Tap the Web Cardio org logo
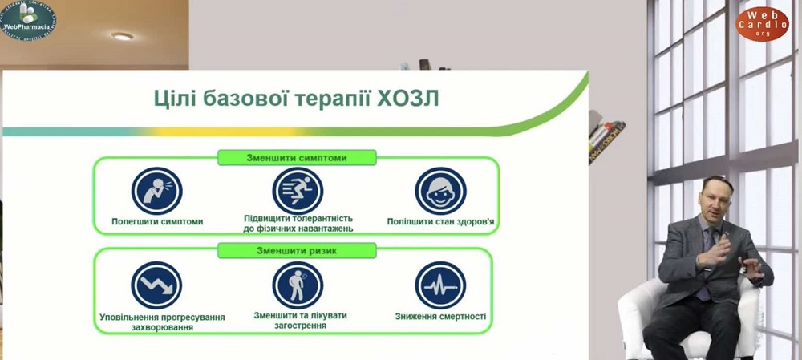(x=762, y=23)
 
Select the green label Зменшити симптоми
(x=297, y=157)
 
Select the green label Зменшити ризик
(x=297, y=251)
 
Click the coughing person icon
(x=157, y=191)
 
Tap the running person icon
(x=298, y=191)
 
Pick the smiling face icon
(x=440, y=191)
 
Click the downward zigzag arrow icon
(x=156, y=285)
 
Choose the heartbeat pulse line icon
(x=440, y=285)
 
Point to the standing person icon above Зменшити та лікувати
(x=298, y=285)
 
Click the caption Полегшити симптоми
(x=157, y=221)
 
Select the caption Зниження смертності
(x=440, y=316)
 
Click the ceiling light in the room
(x=122, y=36)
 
